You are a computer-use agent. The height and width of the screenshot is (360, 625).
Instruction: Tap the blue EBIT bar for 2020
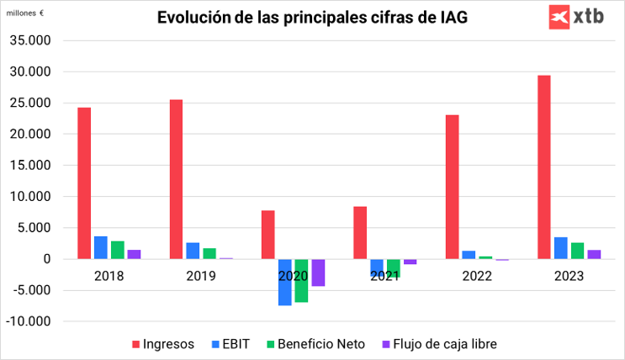(285, 282)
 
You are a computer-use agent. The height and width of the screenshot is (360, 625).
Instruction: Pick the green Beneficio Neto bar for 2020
(301, 280)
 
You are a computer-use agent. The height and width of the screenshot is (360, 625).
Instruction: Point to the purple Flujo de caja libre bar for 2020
(318, 273)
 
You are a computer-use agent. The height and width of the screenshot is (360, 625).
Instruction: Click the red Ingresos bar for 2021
(360, 232)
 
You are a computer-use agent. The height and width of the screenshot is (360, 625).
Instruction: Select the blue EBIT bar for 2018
(101, 247)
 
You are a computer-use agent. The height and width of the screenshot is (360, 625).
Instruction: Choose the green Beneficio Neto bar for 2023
(577, 251)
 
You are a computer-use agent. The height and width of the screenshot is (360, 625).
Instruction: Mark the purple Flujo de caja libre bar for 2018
(134, 254)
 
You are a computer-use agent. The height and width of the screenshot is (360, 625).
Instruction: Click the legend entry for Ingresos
(163, 344)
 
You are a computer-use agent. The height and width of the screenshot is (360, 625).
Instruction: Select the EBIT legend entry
(231, 344)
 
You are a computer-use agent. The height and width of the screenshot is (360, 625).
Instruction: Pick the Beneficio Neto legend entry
(316, 344)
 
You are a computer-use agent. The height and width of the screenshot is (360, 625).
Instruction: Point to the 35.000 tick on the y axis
(29, 40)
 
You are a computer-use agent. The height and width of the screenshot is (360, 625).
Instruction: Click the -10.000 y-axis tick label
(29, 321)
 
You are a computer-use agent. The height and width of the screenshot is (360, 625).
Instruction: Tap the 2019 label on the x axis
(201, 275)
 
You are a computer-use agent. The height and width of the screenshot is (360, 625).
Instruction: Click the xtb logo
(576, 16)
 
